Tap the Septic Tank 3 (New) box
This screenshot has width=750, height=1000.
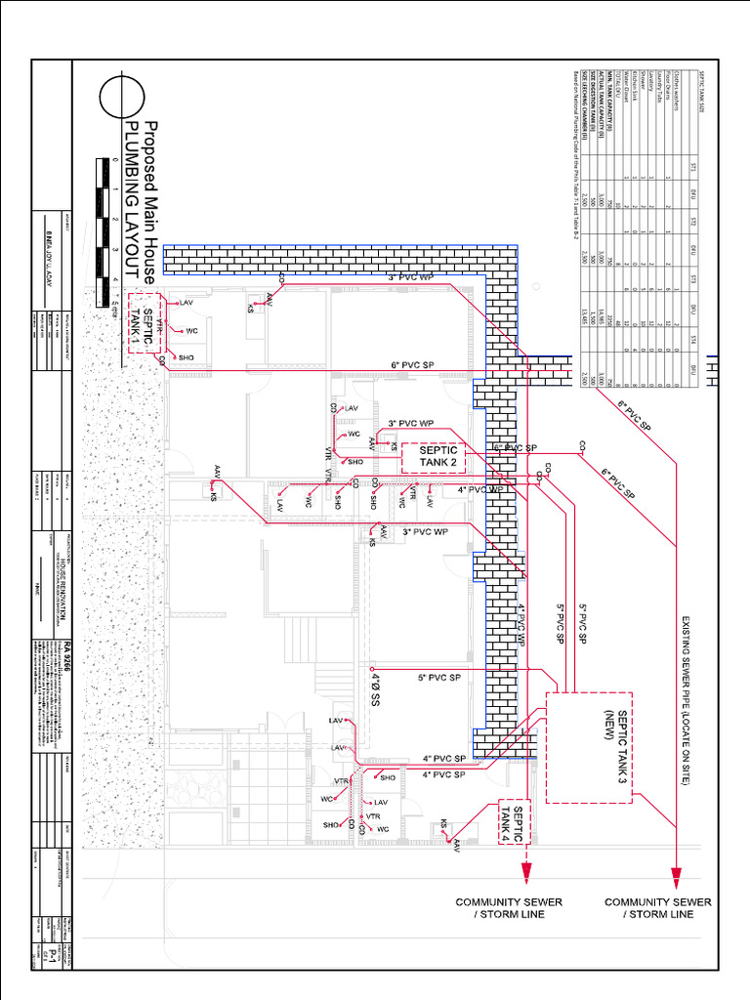(588, 747)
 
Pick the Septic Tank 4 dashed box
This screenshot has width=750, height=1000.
(515, 825)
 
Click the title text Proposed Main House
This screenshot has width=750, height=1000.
(151, 204)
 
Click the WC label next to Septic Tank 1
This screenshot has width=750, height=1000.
(192, 331)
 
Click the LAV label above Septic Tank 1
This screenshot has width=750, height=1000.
(188, 303)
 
